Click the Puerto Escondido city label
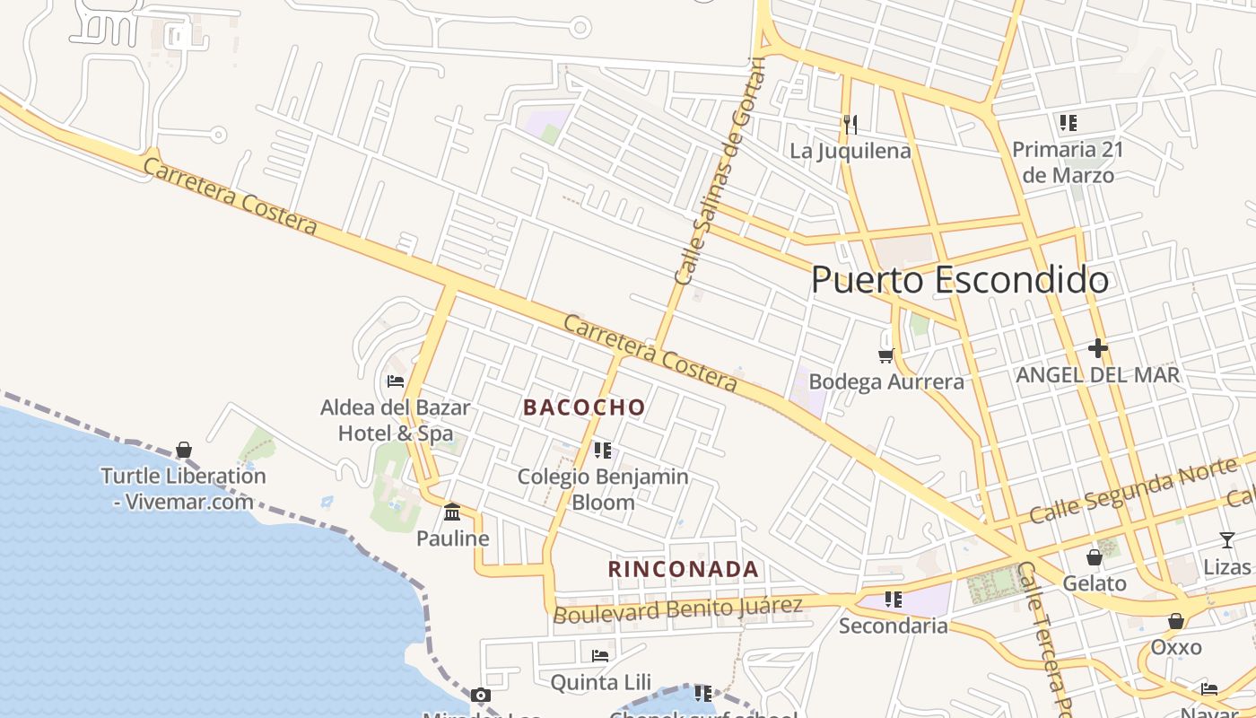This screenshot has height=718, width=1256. point(959,280)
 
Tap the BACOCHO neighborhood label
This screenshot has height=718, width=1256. point(584,407)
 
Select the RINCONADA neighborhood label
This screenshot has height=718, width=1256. point(684,569)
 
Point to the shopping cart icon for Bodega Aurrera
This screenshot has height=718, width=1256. point(886,355)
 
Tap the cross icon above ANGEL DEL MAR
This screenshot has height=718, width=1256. point(1097,348)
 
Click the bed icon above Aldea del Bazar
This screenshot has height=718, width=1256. point(396,381)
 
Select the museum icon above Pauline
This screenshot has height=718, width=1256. point(452,512)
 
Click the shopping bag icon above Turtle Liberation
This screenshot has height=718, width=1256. point(184,449)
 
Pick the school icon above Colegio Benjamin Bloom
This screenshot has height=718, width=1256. point(602,450)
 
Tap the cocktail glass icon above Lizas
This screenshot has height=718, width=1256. point(1226,539)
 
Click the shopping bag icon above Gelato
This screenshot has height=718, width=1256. point(1094,557)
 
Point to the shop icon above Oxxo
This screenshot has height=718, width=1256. point(1175,621)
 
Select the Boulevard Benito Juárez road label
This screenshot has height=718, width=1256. point(677,609)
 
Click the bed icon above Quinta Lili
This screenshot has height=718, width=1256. point(600,656)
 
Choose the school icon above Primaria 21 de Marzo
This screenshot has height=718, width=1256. point(1068,122)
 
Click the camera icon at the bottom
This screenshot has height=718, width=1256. point(481,695)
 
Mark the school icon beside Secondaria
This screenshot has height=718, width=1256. point(893,599)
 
